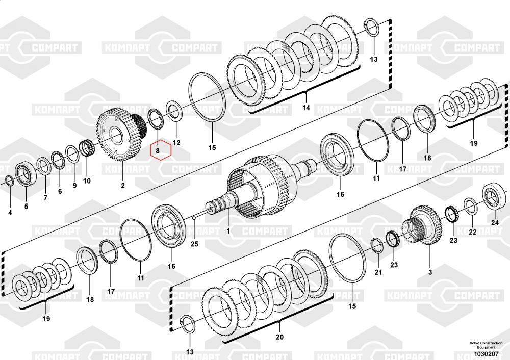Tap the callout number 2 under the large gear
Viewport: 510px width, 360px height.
(x=123, y=186)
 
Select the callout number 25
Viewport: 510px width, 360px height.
(x=194, y=244)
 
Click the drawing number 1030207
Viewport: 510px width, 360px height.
(x=486, y=354)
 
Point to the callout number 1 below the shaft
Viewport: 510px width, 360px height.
(x=228, y=231)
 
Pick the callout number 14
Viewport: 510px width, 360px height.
(x=306, y=108)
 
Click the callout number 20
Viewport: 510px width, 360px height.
(x=279, y=337)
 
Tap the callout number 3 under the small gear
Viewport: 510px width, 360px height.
(x=430, y=272)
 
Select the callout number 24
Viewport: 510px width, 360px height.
(x=495, y=223)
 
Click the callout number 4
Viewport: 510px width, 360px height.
(x=10, y=213)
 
